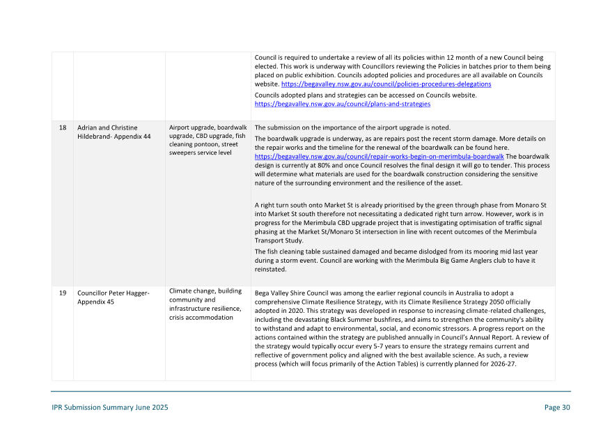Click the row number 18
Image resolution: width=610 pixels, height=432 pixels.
63,128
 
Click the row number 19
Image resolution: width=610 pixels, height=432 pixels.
63,293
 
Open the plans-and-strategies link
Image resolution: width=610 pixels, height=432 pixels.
342,104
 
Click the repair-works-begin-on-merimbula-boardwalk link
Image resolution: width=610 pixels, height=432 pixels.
379,157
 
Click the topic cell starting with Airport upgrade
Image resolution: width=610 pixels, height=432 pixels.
208,140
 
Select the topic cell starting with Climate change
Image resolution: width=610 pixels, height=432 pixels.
205,304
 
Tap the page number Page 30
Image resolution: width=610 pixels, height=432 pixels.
557,408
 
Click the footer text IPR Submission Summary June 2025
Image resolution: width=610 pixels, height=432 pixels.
109,408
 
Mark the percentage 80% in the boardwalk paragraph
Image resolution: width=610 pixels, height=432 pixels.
315,166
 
